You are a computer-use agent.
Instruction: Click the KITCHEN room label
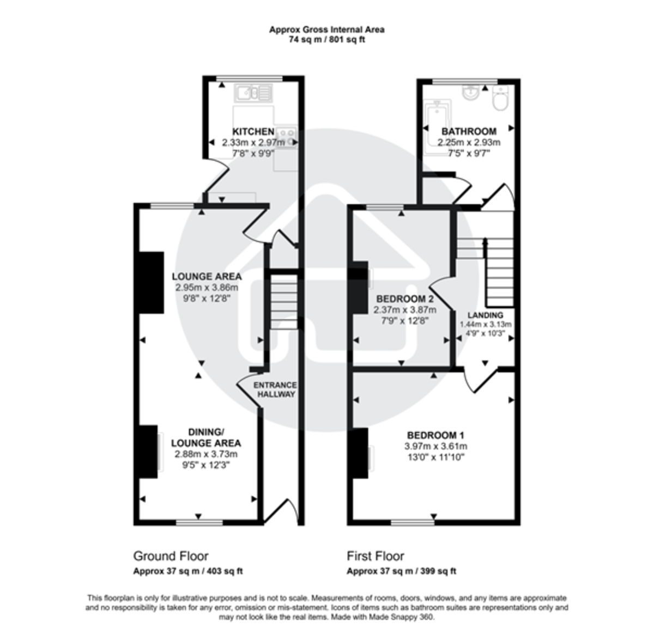point(253,132)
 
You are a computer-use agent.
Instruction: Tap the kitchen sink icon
point(253,93)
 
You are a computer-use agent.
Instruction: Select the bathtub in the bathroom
point(438,129)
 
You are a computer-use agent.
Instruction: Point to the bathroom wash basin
point(470,93)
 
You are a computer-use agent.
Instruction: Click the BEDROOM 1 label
point(435,435)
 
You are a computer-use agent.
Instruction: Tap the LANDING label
point(486,315)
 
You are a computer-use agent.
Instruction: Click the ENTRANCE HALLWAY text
point(276,389)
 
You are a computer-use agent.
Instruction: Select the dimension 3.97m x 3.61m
point(435,446)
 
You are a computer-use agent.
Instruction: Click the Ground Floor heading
point(171,556)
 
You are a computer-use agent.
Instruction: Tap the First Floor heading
point(376,556)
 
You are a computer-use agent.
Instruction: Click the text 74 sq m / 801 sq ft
point(326,40)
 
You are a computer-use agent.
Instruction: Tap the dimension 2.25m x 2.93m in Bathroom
point(469,142)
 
